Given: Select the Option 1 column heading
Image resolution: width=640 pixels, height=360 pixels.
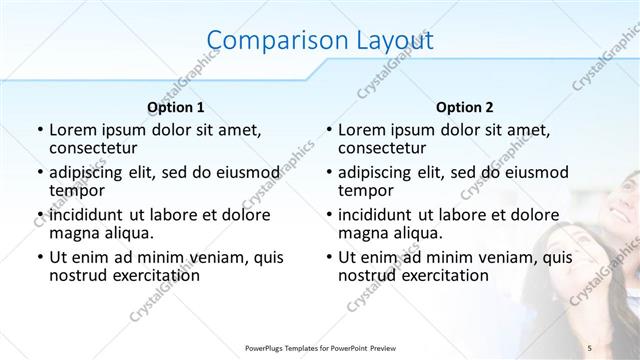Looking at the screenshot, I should (x=176, y=107).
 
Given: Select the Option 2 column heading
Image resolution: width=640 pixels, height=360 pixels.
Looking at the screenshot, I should (x=464, y=107).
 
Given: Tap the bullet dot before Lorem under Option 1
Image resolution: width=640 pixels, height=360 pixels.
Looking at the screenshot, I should (x=39, y=131).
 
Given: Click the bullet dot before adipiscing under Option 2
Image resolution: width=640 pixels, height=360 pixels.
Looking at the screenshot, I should (x=328, y=173).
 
